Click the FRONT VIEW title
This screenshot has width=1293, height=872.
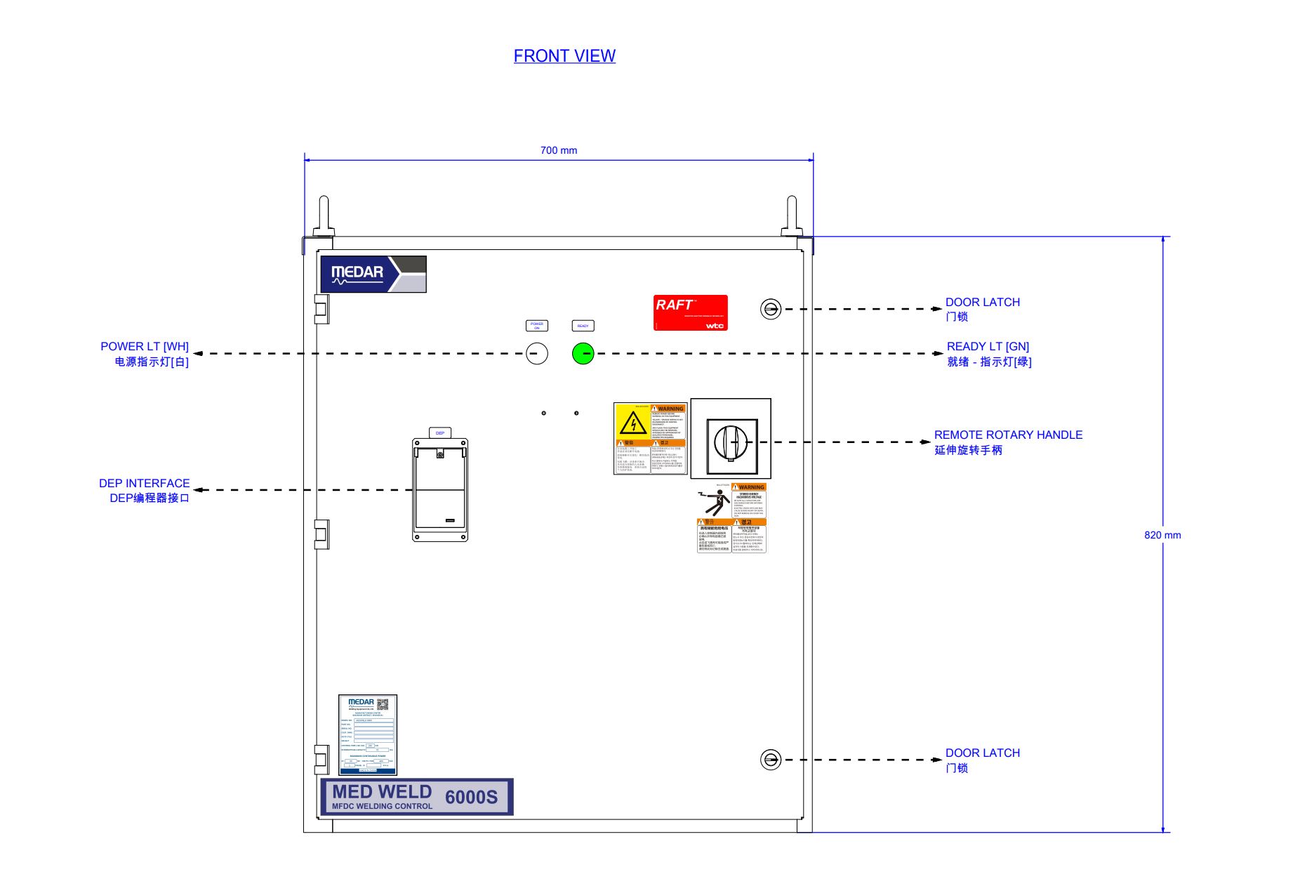click(x=564, y=56)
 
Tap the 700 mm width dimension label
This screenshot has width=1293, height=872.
click(x=559, y=150)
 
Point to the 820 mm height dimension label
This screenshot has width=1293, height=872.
click(x=1162, y=535)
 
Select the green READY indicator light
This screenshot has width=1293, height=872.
click(x=583, y=353)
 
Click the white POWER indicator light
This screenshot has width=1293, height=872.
click(x=537, y=353)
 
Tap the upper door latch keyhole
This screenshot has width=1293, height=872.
click(x=771, y=309)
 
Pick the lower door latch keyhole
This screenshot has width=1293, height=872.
click(x=771, y=760)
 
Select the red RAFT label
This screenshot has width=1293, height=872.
click(x=691, y=312)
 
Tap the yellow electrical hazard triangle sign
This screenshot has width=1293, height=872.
click(x=633, y=423)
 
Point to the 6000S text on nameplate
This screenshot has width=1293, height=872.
click(x=471, y=798)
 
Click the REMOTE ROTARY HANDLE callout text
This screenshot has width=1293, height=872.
click(x=1008, y=435)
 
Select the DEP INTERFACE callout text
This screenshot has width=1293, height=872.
click(x=145, y=484)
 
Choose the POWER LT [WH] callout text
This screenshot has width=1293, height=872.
click(x=145, y=347)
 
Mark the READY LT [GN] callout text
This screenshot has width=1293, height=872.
click(x=988, y=347)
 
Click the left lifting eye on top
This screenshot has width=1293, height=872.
click(x=324, y=215)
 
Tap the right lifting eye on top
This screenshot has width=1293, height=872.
click(x=792, y=215)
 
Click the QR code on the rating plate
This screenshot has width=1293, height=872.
click(x=383, y=704)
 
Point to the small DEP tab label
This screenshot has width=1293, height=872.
click(x=440, y=433)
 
